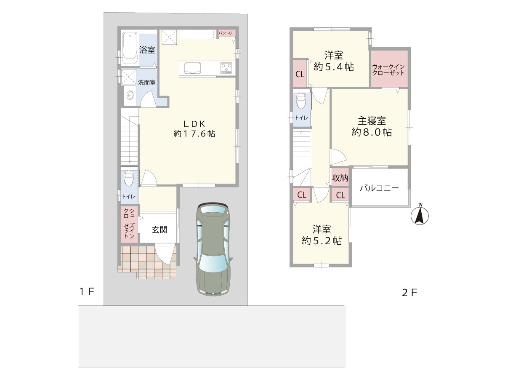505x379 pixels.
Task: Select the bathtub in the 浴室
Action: pyautogui.click(x=130, y=48)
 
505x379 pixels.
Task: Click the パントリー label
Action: pyautogui.click(x=227, y=33)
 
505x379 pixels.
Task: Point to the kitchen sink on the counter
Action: pyautogui.click(x=192, y=68)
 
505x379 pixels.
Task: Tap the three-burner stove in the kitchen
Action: pyautogui.click(x=226, y=68)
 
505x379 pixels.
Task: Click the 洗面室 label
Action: pyautogui.click(x=146, y=83)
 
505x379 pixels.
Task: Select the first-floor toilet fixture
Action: pyautogui.click(x=129, y=178)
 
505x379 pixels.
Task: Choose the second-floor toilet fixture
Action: pyautogui.click(x=301, y=101)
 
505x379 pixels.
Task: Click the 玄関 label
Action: pyautogui.click(x=159, y=230)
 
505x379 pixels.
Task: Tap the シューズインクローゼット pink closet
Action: pyautogui.click(x=129, y=224)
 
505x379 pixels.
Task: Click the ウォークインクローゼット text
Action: pyautogui.click(x=388, y=70)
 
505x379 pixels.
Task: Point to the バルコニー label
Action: pyautogui.click(x=379, y=188)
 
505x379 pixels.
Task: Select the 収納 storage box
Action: pyautogui.click(x=340, y=178)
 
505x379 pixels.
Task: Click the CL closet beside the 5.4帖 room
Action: pyautogui.click(x=300, y=73)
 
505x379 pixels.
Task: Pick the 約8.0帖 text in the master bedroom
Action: pyautogui.click(x=372, y=132)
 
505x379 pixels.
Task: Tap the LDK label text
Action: pyautogui.click(x=194, y=124)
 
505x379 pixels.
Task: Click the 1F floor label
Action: pyautogui.click(x=87, y=292)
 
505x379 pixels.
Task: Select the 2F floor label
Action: pyautogui.click(x=409, y=293)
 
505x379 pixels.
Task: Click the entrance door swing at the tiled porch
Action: pyautogui.click(x=165, y=254)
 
